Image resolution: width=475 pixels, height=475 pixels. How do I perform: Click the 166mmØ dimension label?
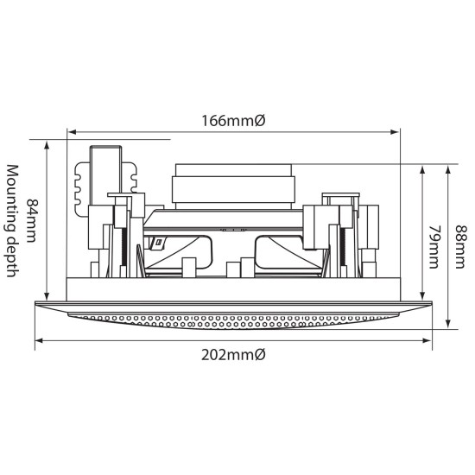point(233,121)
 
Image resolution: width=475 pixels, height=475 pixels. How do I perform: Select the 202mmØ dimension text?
point(233,356)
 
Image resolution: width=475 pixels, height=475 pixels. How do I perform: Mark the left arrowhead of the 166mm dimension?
point(72,132)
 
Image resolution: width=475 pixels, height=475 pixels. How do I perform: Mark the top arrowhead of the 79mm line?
point(421,169)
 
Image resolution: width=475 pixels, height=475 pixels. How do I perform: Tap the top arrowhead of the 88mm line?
point(447,169)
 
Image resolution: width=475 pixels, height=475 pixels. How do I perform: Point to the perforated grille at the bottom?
point(233,319)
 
